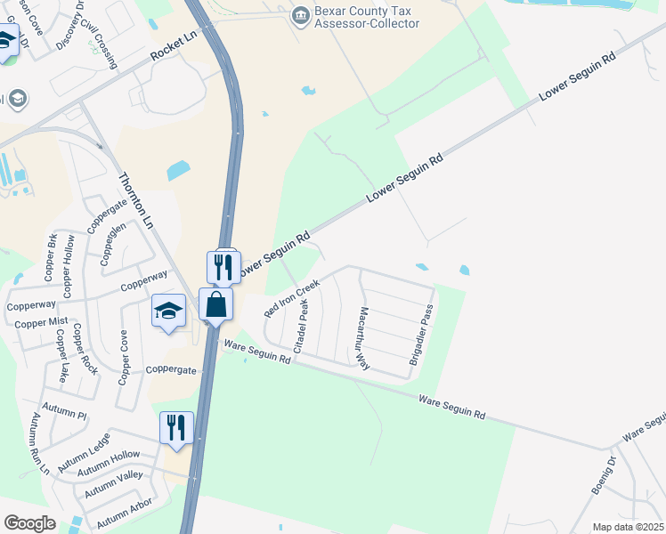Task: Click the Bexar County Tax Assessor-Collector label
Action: pyautogui.click(x=366, y=17)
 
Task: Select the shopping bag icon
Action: pyautogui.click(x=216, y=305)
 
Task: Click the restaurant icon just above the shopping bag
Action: pyautogui.click(x=223, y=267)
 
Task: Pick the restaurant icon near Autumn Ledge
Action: pyautogui.click(x=176, y=427)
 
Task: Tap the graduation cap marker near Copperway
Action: pyautogui.click(x=168, y=311)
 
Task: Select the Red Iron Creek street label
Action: pyautogui.click(x=291, y=298)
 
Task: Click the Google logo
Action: pyautogui.click(x=30, y=523)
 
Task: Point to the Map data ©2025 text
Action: pyautogui.click(x=627, y=527)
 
